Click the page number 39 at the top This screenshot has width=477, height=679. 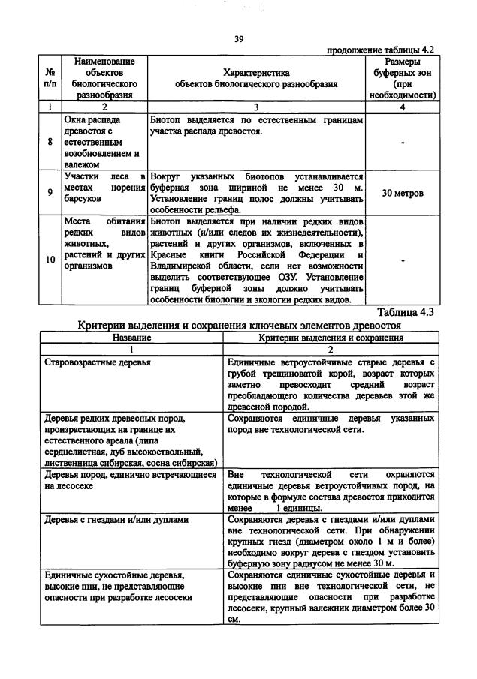pyautogui.click(x=239, y=38)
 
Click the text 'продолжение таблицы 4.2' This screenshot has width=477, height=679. pyautogui.click(x=381, y=50)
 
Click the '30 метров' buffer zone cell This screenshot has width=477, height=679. pyautogui.click(x=402, y=193)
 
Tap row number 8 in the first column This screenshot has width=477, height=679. pyautogui.click(x=50, y=140)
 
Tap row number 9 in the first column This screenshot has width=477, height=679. pyautogui.click(x=50, y=193)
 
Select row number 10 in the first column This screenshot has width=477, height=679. pyautogui.click(x=50, y=260)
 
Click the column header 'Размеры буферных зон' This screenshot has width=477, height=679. pyautogui.click(x=402, y=78)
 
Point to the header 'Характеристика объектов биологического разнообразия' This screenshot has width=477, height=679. pyautogui.click(x=256, y=78)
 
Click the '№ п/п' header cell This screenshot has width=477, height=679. pyautogui.click(x=50, y=78)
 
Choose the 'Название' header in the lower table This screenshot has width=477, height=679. pyautogui.click(x=131, y=338)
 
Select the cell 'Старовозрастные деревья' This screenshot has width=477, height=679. pyautogui.click(x=98, y=362)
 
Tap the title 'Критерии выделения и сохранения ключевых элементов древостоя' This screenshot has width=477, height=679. pyautogui.click(x=240, y=326)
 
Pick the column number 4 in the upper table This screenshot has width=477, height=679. pyautogui.click(x=402, y=107)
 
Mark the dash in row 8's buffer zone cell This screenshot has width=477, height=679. pyautogui.click(x=402, y=141)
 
